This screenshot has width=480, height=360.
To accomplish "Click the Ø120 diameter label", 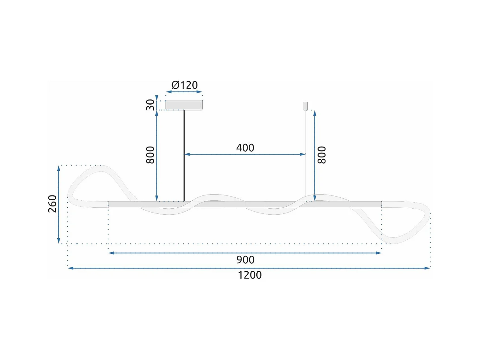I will tap(185, 85).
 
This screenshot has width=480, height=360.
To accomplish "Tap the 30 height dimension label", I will tap(150, 105).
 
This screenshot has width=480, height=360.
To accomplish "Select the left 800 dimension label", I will tap(150, 155).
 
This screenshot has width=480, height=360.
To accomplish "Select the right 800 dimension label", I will tap(322, 155).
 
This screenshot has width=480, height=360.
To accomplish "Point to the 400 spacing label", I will tap(245, 148).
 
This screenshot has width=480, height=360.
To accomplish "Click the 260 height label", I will tap(52, 204).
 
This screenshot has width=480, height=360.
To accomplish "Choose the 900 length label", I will tap(245, 260).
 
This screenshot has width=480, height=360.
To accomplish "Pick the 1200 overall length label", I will tap(250, 275).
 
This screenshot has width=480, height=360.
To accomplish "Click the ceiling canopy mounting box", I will tap(184, 105).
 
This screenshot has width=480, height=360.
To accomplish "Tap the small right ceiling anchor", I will tap(306, 106).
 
